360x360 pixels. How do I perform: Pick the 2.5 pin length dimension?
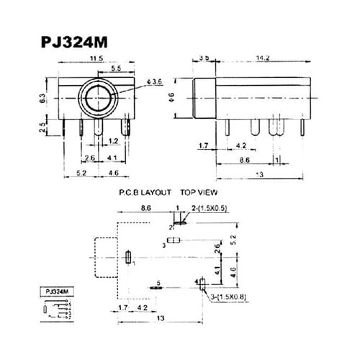pyautogui.click(x=44, y=128)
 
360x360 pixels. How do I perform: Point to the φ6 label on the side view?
pyautogui.click(x=182, y=96)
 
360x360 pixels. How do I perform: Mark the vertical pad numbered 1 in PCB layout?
pyautogui.click(x=128, y=257)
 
